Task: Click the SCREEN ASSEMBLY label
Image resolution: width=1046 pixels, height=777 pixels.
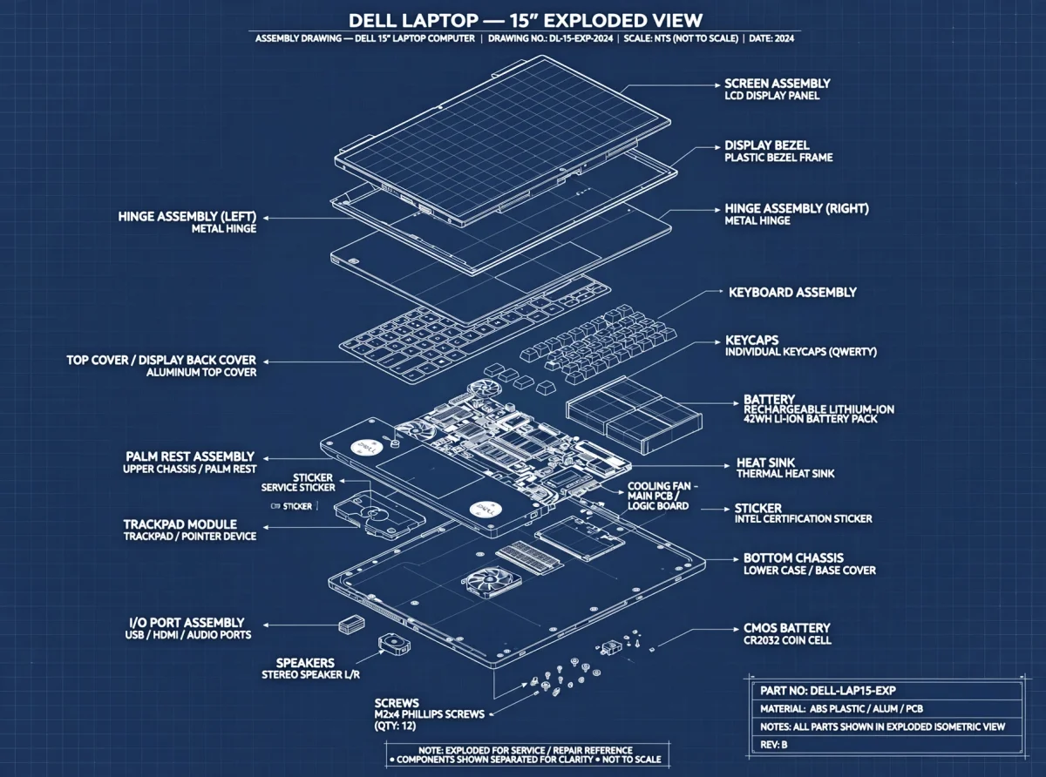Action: pyautogui.click(x=778, y=84)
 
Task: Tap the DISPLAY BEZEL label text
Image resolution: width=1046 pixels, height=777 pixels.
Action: pyautogui.click(x=767, y=145)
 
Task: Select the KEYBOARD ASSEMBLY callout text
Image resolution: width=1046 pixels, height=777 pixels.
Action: pyautogui.click(x=792, y=293)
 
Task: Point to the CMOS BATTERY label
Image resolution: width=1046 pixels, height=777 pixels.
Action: pyautogui.click(x=786, y=628)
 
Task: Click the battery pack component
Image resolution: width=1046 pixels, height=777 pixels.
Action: pyautogui.click(x=634, y=415)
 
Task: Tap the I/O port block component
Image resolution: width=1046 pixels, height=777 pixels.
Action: pyautogui.click(x=351, y=625)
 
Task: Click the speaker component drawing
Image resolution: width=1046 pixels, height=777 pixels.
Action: pyautogui.click(x=394, y=645)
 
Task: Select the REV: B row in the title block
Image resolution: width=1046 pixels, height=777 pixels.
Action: pyautogui.click(x=773, y=745)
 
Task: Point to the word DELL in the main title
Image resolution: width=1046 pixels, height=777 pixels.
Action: pyautogui.click(x=381, y=20)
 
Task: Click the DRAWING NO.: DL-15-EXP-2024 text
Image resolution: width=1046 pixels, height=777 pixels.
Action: pyautogui.click(x=550, y=38)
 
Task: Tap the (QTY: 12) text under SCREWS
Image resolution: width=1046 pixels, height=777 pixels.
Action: pyautogui.click(x=395, y=726)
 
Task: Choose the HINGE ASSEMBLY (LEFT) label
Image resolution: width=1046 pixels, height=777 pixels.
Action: pyautogui.click(x=187, y=216)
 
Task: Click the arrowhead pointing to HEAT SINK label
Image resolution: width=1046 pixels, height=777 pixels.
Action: pyautogui.click(x=727, y=466)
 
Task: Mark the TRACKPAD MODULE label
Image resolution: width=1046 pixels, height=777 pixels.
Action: pyautogui.click(x=180, y=524)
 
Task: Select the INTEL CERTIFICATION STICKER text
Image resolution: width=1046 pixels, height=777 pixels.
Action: pyautogui.click(x=803, y=519)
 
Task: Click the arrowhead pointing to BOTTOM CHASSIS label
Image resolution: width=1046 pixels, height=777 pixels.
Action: pyautogui.click(x=736, y=559)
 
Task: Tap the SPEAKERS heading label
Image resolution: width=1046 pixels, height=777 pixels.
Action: pyautogui.click(x=305, y=662)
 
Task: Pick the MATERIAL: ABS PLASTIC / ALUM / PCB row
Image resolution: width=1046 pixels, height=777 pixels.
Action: pyautogui.click(x=841, y=709)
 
